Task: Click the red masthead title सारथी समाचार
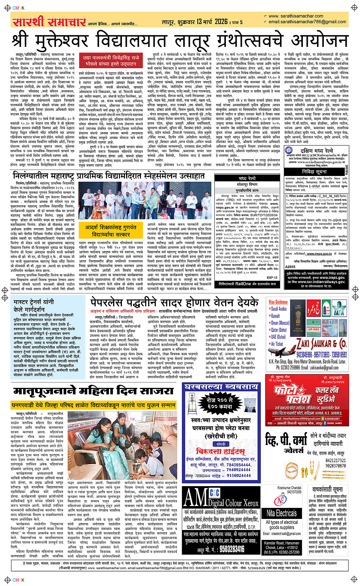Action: [49, 22]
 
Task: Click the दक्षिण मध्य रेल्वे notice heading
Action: [317, 151]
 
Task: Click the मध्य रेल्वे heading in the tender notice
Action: [247, 178]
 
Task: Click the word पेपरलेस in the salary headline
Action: [111, 303]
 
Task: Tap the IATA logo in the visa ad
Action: [338, 309]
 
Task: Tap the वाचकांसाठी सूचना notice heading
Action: [327, 489]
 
